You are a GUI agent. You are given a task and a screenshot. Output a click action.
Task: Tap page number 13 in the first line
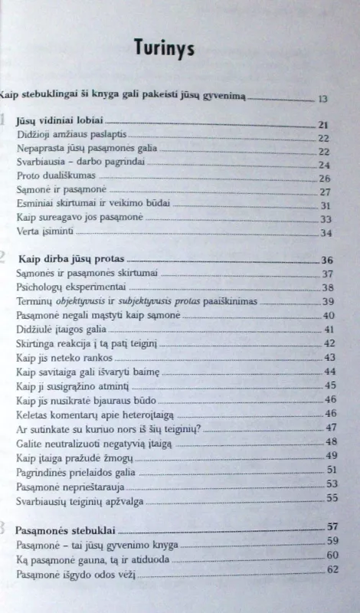tap(322, 99)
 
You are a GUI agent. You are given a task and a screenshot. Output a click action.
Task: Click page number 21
tap(323, 124)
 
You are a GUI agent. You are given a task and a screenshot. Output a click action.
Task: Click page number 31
tap(324, 205)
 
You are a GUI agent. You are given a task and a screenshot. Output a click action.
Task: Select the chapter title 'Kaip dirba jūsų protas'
tap(70, 259)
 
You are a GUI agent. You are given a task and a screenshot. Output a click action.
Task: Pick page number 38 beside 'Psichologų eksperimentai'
tap(329, 287)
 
